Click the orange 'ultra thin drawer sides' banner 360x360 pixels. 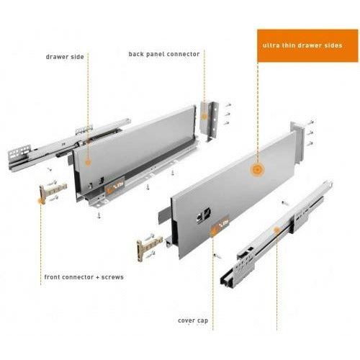(x=307, y=45)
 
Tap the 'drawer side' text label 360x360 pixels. (x=65, y=57)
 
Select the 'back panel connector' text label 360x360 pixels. (x=164, y=54)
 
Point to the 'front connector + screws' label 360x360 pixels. (x=84, y=277)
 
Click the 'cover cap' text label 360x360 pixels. (x=193, y=320)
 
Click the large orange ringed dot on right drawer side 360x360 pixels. (x=257, y=170)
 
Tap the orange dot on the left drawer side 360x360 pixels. (x=88, y=163)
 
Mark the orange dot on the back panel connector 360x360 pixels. (x=204, y=117)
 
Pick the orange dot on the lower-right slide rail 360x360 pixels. (x=276, y=230)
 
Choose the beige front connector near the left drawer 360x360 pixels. (x=52, y=191)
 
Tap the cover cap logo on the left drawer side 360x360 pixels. (x=115, y=185)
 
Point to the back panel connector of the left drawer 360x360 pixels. (x=210, y=121)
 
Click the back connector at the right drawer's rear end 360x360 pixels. (x=298, y=142)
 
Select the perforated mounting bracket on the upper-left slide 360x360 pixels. (x=19, y=153)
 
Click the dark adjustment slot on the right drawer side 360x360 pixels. (x=203, y=215)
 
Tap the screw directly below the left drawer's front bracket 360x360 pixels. (x=99, y=215)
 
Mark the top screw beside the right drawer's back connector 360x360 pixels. (x=310, y=122)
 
